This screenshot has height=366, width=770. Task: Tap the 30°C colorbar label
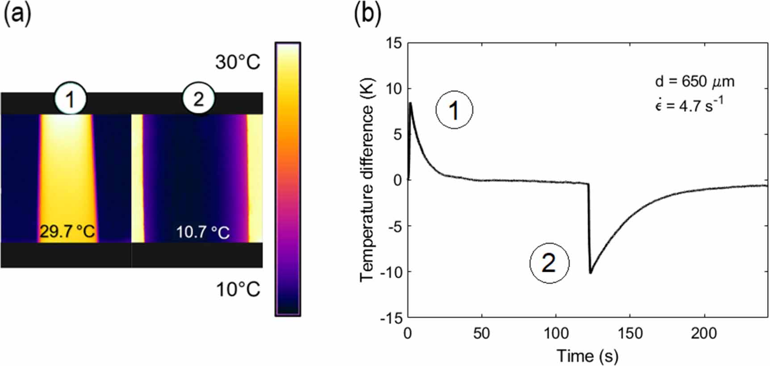coord(238,62)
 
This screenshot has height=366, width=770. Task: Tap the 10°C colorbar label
coord(238,290)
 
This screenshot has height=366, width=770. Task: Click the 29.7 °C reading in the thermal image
coord(67,232)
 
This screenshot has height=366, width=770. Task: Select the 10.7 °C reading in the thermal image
coord(203,232)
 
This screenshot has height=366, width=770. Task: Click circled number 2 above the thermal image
coord(199,98)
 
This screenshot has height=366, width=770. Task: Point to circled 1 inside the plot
coord(454,110)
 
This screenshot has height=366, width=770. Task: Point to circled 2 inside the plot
coord(549,263)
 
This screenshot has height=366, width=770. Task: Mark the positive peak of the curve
coord(410,103)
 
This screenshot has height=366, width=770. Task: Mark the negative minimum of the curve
coord(590,273)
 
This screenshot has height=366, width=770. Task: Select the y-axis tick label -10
coord(391,272)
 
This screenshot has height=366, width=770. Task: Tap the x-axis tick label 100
coord(556,333)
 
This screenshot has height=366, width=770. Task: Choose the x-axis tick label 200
coord(704,333)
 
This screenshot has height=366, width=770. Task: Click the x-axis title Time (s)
coord(587,356)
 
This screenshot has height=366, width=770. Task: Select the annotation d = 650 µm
coord(695,82)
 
